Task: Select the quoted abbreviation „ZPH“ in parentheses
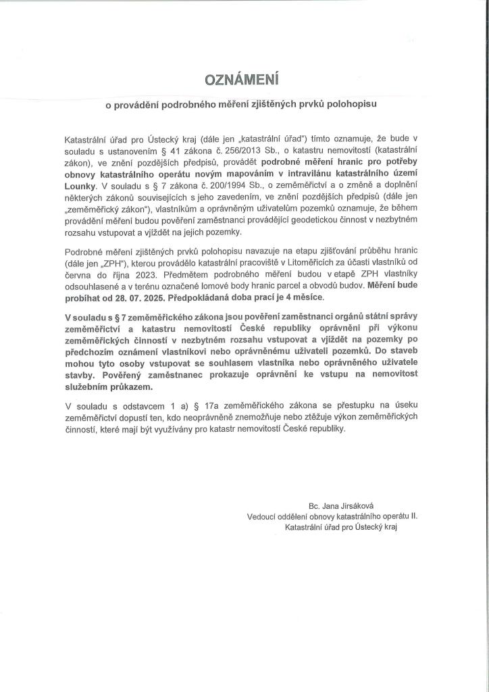pyautogui.click(x=105, y=266)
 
